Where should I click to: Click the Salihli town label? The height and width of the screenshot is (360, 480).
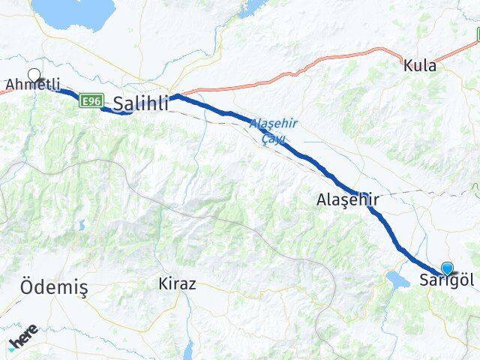pos(140,103)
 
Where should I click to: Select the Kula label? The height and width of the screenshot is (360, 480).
pos(419,66)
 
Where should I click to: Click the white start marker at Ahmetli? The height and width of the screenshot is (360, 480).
pos(34,74)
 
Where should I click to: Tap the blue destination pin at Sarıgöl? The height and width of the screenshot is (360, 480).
pos(448,268)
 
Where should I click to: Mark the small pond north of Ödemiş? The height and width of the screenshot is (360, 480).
pos(81,224)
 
